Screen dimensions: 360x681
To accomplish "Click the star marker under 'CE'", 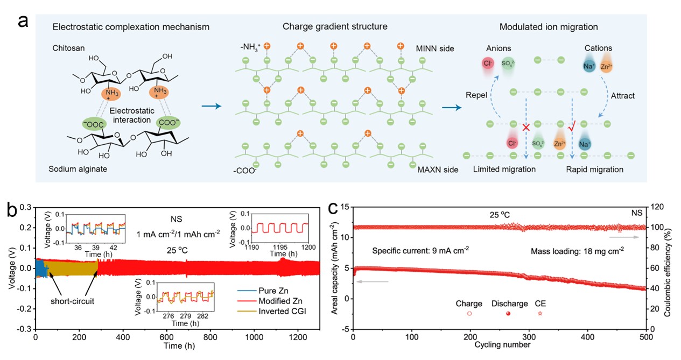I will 540,313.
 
